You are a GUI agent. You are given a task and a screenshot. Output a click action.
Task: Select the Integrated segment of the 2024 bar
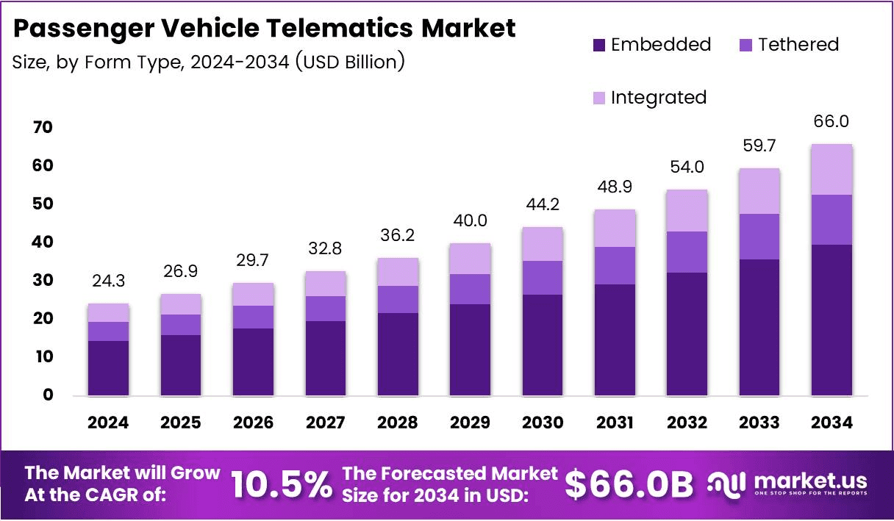(x=108, y=313)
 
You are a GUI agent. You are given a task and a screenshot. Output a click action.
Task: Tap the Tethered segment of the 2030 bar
(x=543, y=278)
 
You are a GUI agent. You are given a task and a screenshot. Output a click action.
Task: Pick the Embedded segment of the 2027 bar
(x=326, y=358)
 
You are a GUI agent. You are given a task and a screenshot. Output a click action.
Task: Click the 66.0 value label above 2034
(x=832, y=121)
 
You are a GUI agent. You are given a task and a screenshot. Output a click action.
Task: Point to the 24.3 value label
(x=108, y=281)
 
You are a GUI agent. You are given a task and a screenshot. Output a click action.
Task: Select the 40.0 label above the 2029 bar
(x=470, y=220)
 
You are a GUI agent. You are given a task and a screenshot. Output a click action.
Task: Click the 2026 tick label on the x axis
(x=253, y=423)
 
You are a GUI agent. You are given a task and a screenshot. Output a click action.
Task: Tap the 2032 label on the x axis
(x=687, y=423)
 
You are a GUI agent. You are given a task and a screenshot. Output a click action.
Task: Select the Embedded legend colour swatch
(x=599, y=45)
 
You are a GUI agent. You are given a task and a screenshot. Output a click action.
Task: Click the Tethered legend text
(x=798, y=45)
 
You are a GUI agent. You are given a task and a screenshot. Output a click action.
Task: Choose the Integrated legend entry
(x=658, y=97)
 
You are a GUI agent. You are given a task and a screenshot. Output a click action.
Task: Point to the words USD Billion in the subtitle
(x=350, y=62)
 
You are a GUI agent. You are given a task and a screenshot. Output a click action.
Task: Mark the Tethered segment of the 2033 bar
(x=759, y=237)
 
